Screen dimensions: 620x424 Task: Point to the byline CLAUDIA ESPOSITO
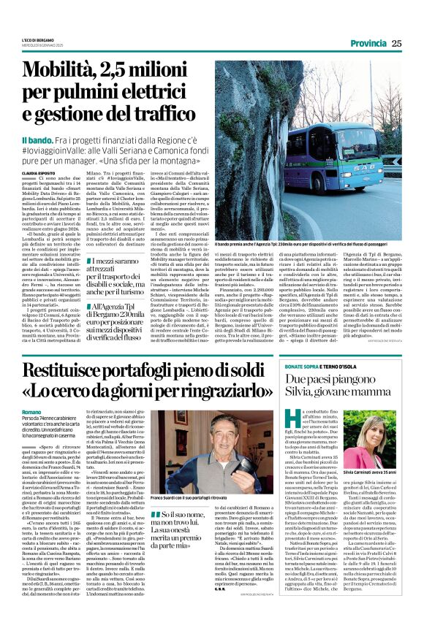[x=42, y=172]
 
